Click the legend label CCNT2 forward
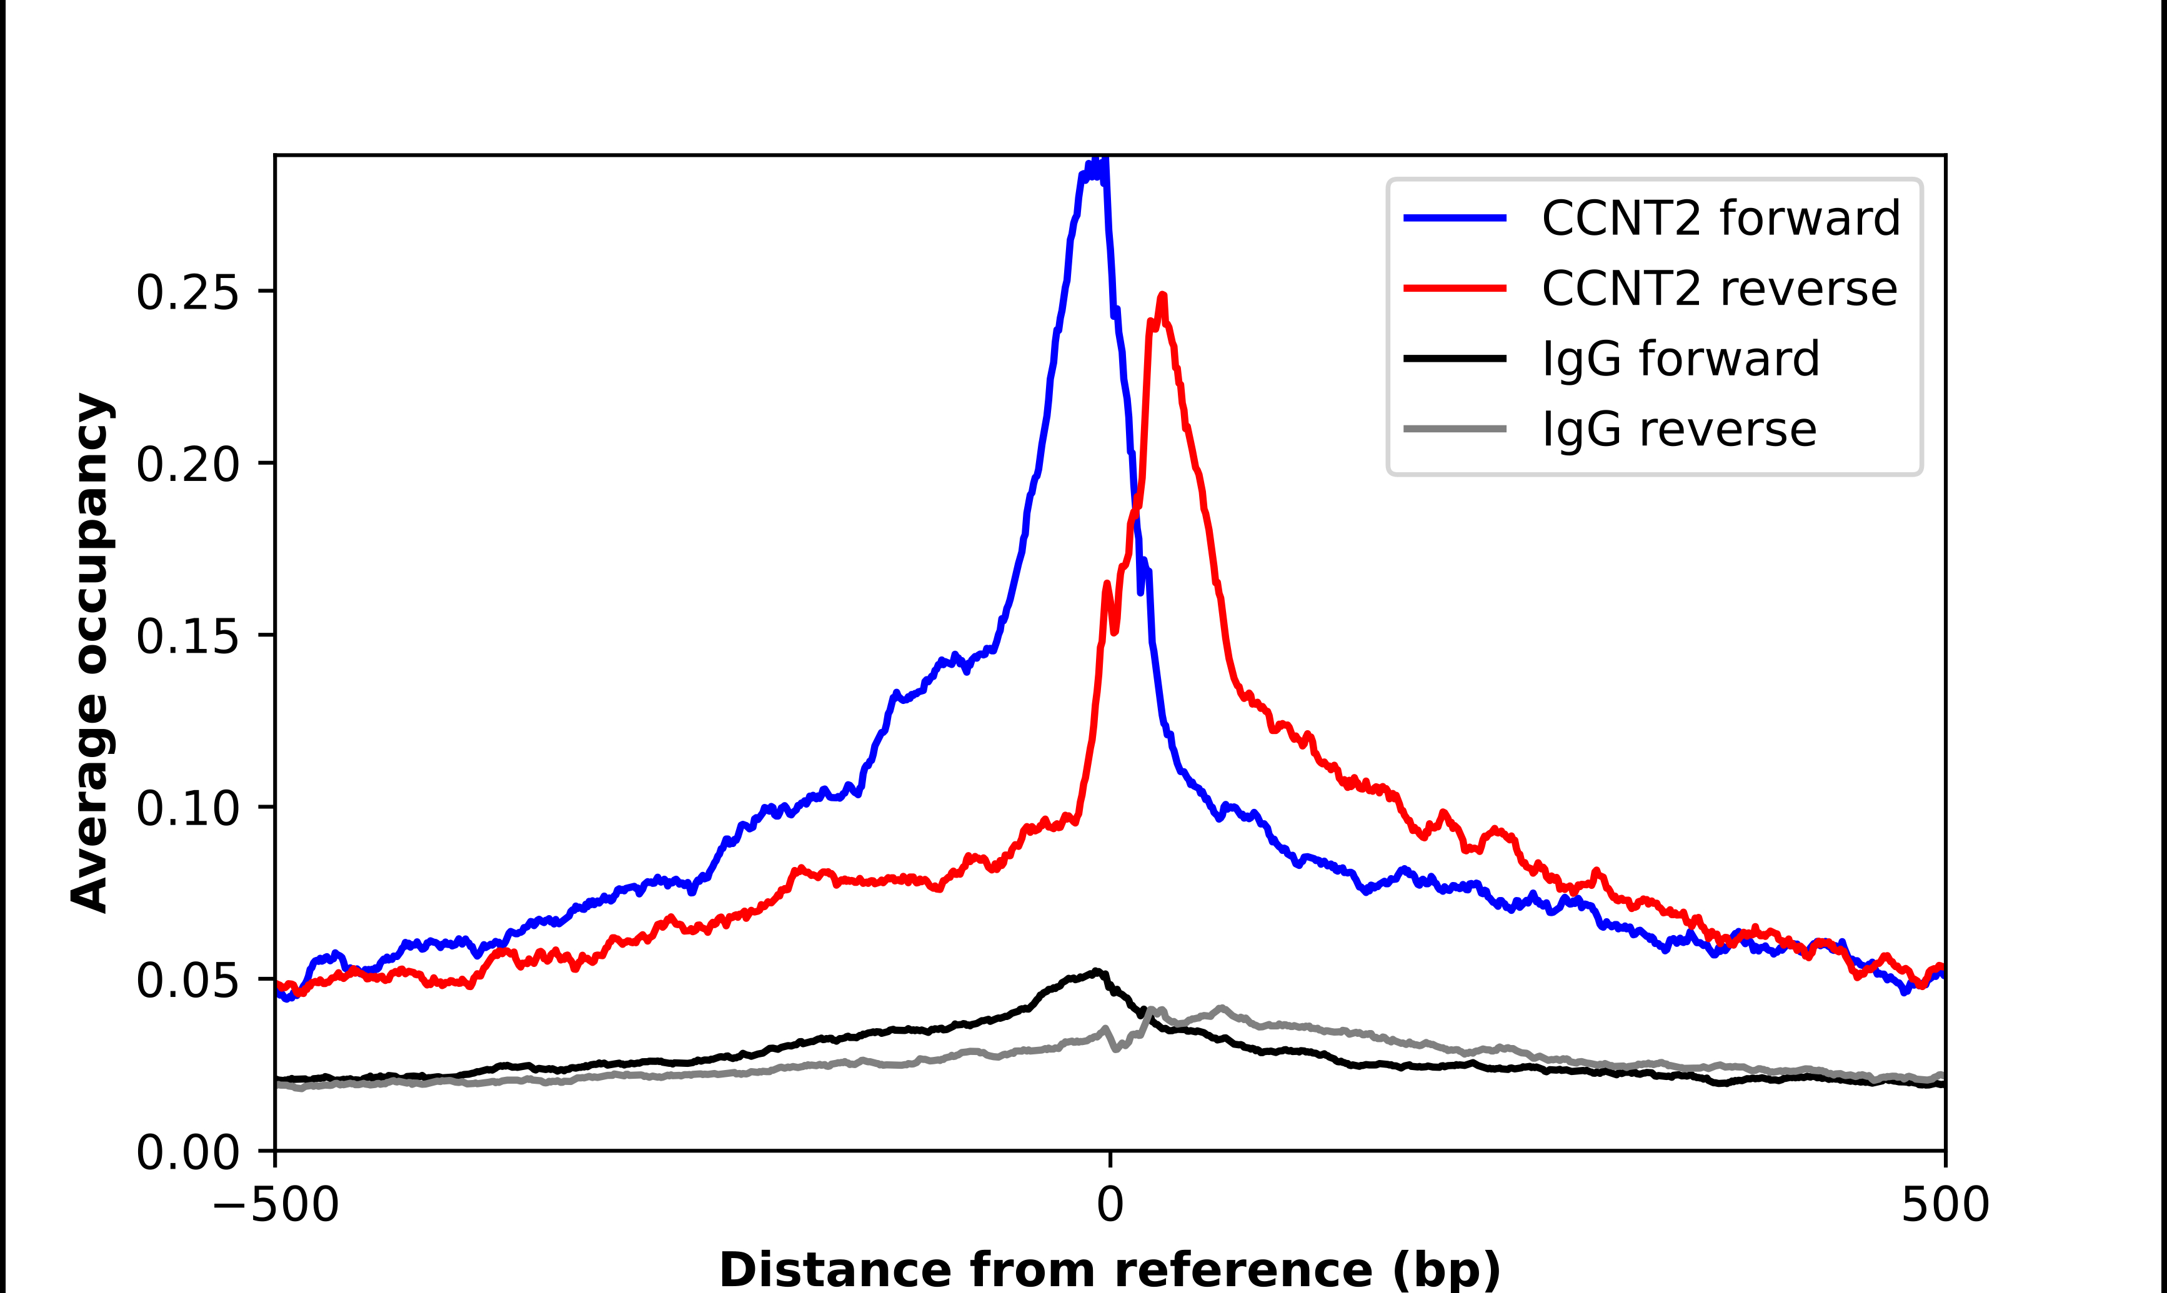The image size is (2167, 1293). (x=1720, y=218)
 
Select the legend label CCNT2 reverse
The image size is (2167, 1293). (x=1718, y=289)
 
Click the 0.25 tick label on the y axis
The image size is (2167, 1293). (x=187, y=292)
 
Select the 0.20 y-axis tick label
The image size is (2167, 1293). (x=187, y=463)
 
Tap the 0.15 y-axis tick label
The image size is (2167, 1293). (x=187, y=636)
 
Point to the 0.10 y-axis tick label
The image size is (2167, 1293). (x=187, y=808)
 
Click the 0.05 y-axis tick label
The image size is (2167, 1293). (x=187, y=980)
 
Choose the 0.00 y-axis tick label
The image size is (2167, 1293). (x=187, y=1152)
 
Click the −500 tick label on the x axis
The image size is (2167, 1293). (x=276, y=1205)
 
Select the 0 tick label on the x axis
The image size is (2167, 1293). (x=1109, y=1205)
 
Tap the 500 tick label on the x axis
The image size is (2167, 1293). (x=1944, y=1205)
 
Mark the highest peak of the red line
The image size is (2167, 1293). (x=1162, y=296)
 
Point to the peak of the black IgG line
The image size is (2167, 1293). (x=1097, y=971)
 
